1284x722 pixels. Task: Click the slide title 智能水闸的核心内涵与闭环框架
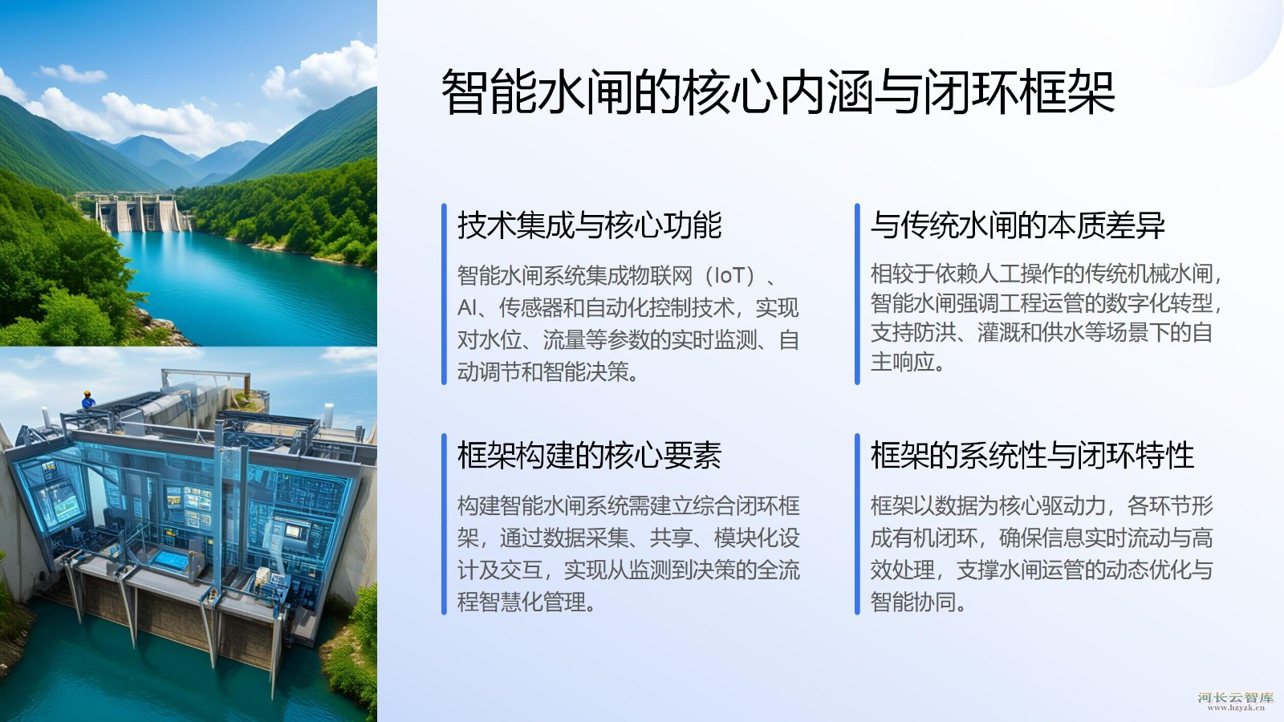point(778,92)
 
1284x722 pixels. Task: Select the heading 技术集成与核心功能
point(589,225)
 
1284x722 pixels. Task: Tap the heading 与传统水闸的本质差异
point(1018,225)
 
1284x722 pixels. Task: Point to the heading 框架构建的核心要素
point(589,456)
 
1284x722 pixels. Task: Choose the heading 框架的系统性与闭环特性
point(1032,456)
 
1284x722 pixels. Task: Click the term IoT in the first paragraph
point(729,276)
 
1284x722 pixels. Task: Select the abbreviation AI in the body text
point(466,308)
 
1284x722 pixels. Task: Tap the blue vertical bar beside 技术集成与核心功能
point(444,294)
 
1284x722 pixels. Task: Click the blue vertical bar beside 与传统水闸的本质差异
point(857,294)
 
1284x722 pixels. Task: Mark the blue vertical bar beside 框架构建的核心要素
point(444,525)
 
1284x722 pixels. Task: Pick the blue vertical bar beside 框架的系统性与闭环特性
point(857,525)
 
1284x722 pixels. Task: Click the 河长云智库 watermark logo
point(1235,697)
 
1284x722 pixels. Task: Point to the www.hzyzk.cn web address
point(1236,708)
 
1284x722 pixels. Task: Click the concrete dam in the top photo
point(140,213)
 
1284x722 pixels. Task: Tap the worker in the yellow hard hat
point(87,400)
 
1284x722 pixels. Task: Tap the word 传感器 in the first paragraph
point(530,308)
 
